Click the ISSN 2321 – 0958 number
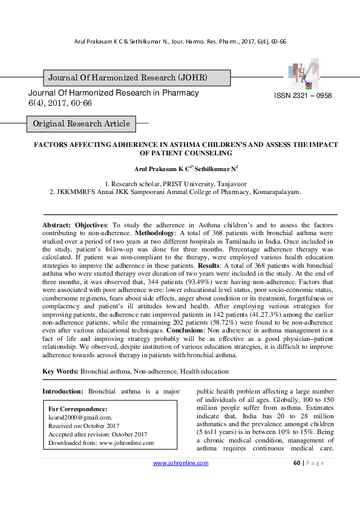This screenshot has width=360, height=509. click(303, 96)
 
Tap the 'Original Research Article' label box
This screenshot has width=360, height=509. click(81, 124)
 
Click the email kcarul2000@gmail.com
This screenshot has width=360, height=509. click(80, 417)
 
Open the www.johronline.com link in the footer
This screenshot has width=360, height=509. click(180, 463)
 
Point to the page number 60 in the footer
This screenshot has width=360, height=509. click(296, 463)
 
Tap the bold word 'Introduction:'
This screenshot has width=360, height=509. click(64, 391)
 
